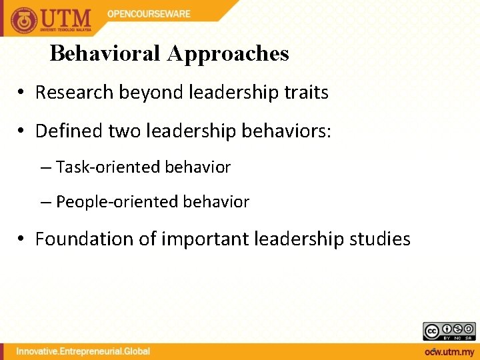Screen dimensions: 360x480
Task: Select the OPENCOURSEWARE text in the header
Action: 149,13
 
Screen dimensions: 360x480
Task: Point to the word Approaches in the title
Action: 228,53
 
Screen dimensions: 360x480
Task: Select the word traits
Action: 306,93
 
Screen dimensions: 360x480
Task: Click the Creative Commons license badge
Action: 449,331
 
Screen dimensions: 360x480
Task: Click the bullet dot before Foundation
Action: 24,239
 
